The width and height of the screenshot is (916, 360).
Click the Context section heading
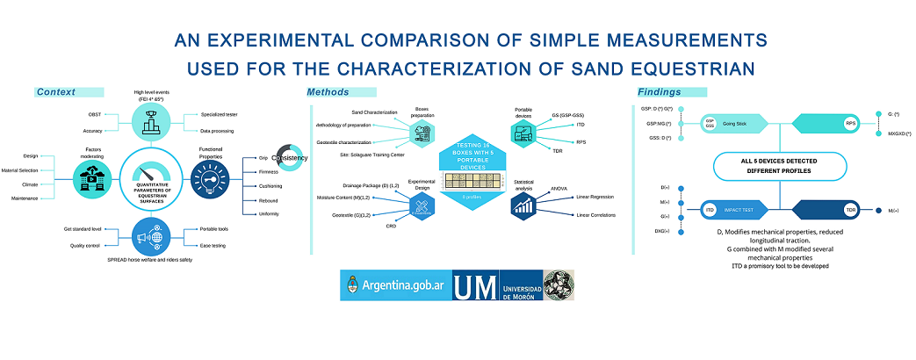56,92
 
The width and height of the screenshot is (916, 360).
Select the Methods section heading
328,92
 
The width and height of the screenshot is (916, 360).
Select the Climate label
32,184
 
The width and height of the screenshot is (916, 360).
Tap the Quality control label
89,245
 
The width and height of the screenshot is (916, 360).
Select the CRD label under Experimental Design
391,227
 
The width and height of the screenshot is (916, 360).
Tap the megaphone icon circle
151,236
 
